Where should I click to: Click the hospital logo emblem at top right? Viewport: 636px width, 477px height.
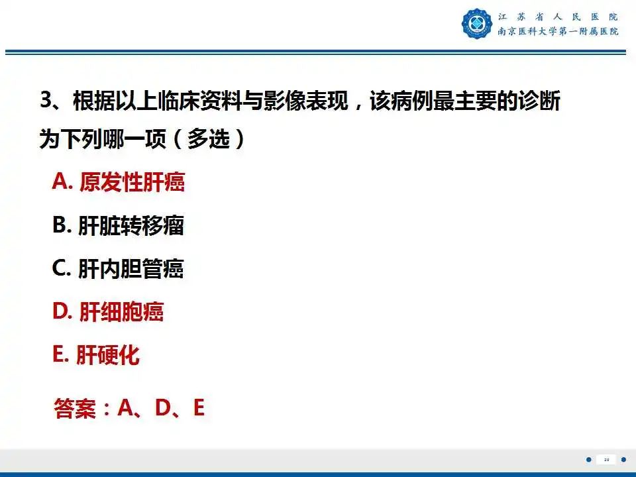[x=477, y=23]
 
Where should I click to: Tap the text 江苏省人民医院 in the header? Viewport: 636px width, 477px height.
[x=558, y=17]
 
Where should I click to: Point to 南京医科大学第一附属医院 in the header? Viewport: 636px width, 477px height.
[x=558, y=31]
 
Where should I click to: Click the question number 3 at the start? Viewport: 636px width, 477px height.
[x=46, y=102]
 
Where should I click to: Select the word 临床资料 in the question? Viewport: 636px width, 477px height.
[x=200, y=103]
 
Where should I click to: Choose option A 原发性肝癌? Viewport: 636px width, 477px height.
[x=119, y=182]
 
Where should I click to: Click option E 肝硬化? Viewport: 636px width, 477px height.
[x=96, y=355]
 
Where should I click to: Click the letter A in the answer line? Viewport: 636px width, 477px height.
[x=125, y=408]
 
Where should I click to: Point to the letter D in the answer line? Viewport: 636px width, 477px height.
[x=163, y=408]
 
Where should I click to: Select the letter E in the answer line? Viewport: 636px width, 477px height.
[x=198, y=408]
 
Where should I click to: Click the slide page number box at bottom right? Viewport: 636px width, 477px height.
[x=606, y=460]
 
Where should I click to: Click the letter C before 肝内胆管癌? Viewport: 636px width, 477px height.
[x=60, y=269]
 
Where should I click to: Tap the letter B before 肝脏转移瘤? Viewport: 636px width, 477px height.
[x=60, y=226]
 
